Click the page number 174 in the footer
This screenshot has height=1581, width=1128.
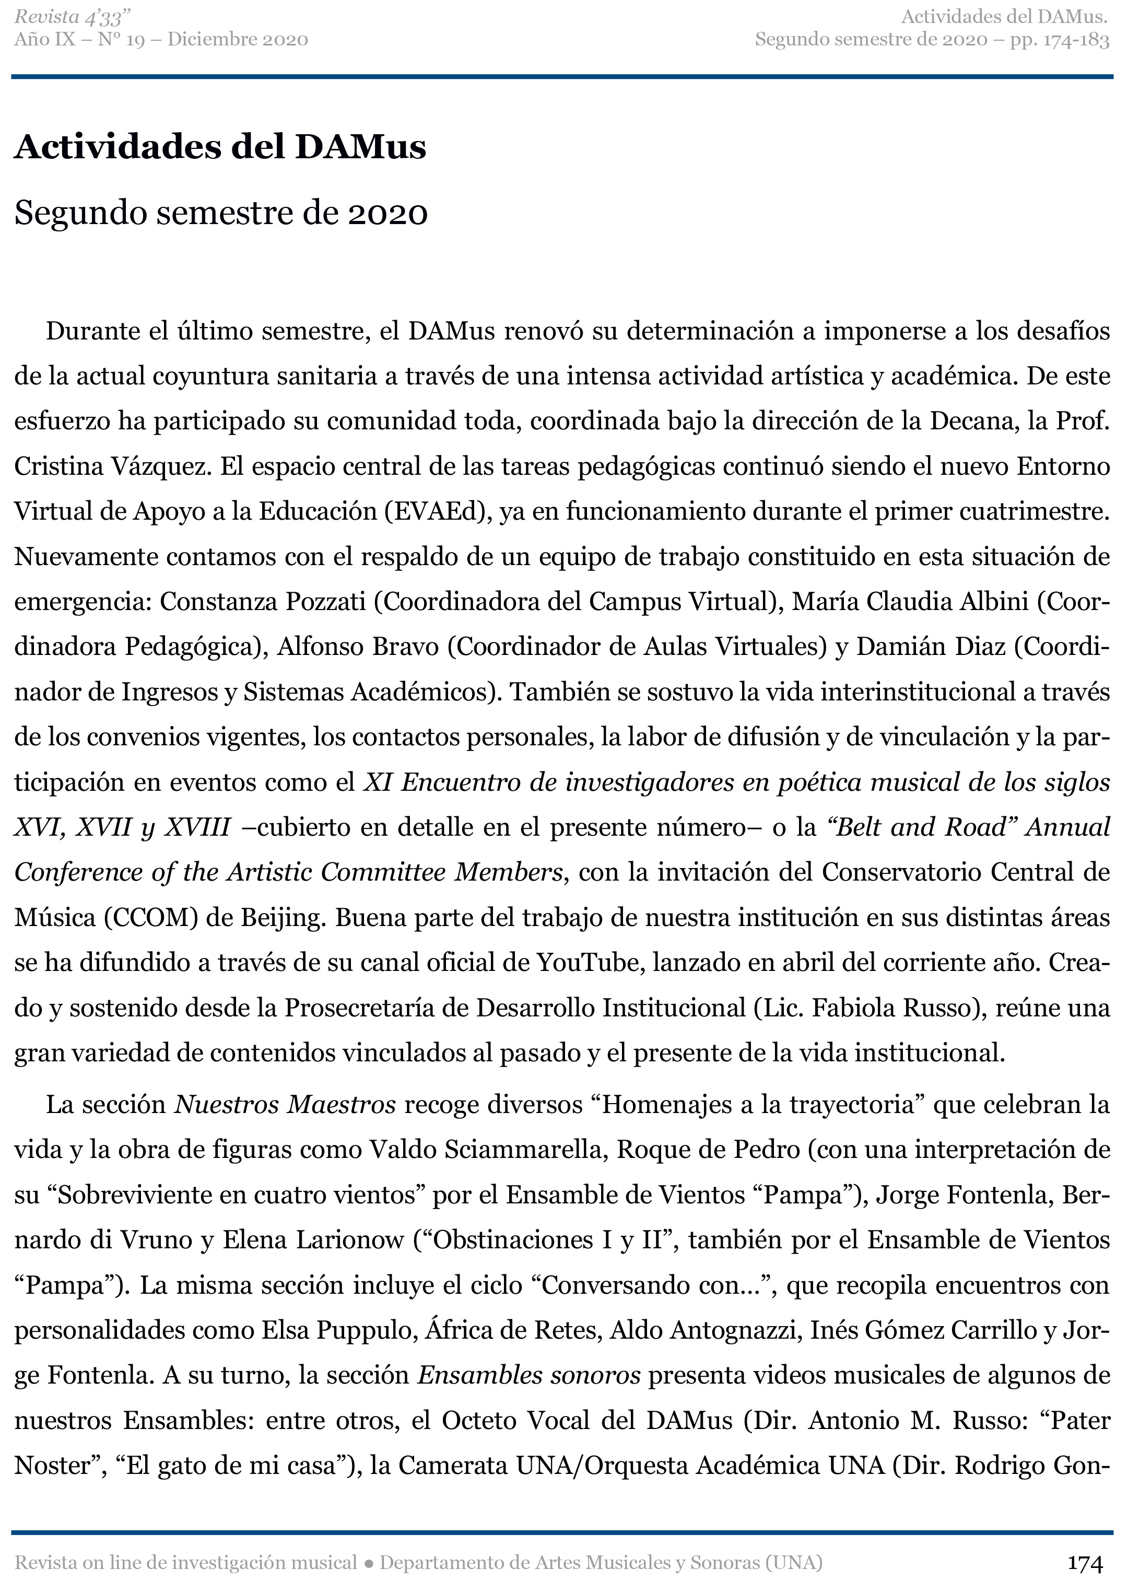(1086, 1563)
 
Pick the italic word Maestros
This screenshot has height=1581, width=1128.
(342, 1105)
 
